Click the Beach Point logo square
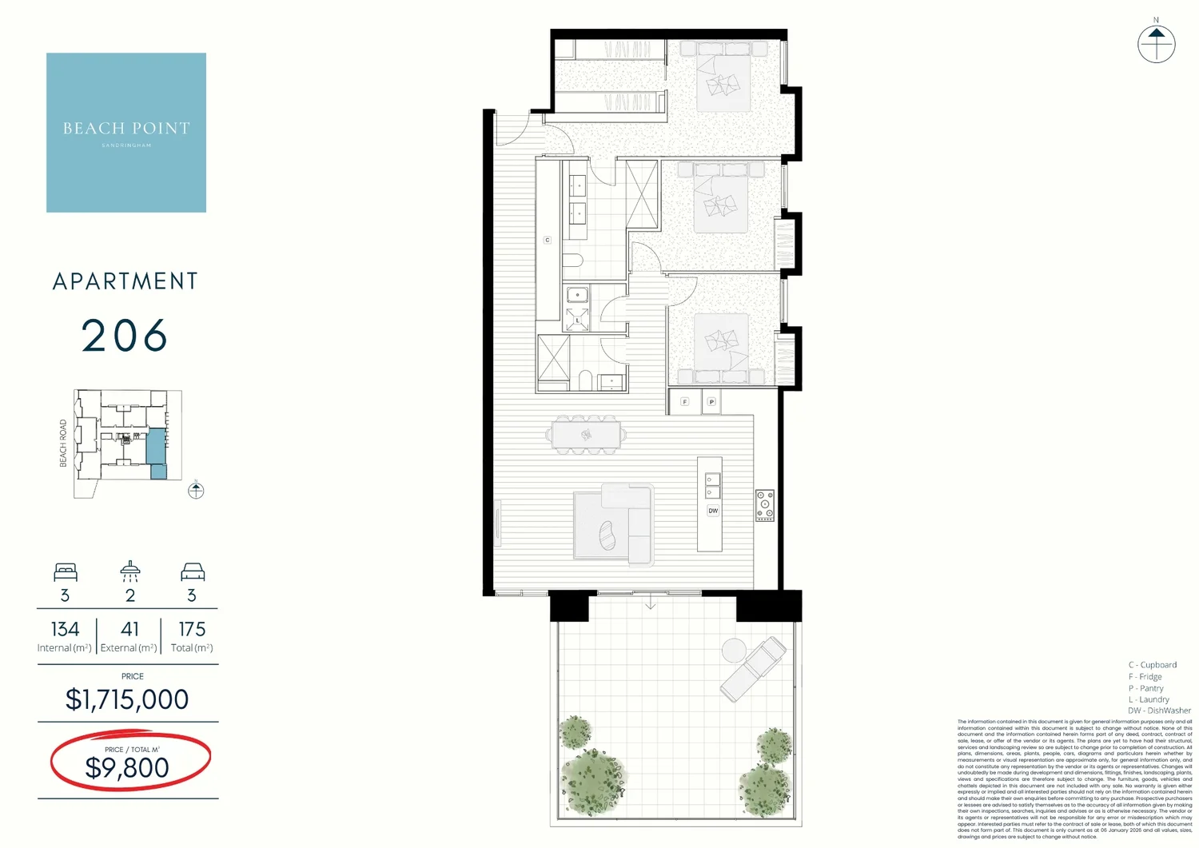click(x=126, y=133)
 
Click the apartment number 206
click(x=125, y=336)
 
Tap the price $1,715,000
click(x=127, y=699)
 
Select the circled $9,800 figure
click(x=128, y=767)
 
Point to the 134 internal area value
click(x=65, y=630)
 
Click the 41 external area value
click(x=129, y=630)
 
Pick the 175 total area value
click(x=192, y=630)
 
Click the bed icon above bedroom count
click(x=66, y=571)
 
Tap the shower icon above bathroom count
click(x=130, y=571)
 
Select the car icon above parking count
click(x=193, y=571)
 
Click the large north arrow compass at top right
click(x=1156, y=43)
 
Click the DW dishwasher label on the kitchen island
click(x=713, y=511)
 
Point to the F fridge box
click(x=685, y=401)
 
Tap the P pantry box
click(x=711, y=401)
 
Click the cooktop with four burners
click(x=765, y=506)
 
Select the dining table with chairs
click(x=586, y=435)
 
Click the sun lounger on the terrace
click(x=752, y=668)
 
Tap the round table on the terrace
click(x=733, y=651)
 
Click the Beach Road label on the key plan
click(x=64, y=443)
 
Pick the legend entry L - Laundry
click(x=1149, y=699)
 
